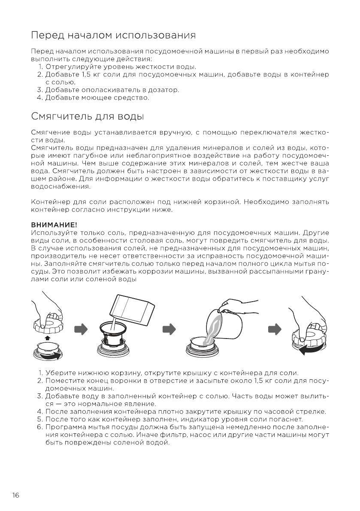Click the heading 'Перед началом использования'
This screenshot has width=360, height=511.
pos(114,34)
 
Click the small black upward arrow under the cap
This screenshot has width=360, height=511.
pos(47,339)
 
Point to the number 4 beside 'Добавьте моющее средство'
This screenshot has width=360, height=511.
pos(39,98)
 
